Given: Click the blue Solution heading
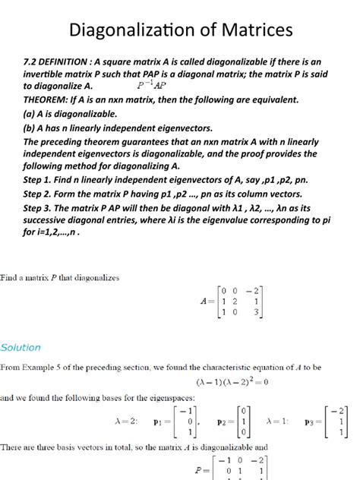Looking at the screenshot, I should point(21,347).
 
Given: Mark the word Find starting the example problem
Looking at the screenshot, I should point(10,278).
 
